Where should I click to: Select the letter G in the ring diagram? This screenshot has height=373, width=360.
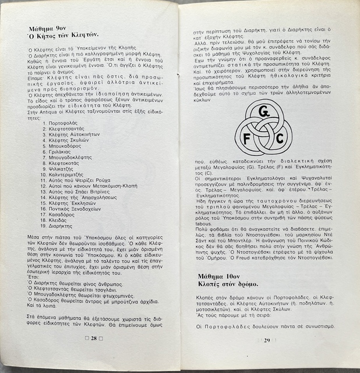pos(264,110)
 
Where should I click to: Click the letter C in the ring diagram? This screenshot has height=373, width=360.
pos(280,138)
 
